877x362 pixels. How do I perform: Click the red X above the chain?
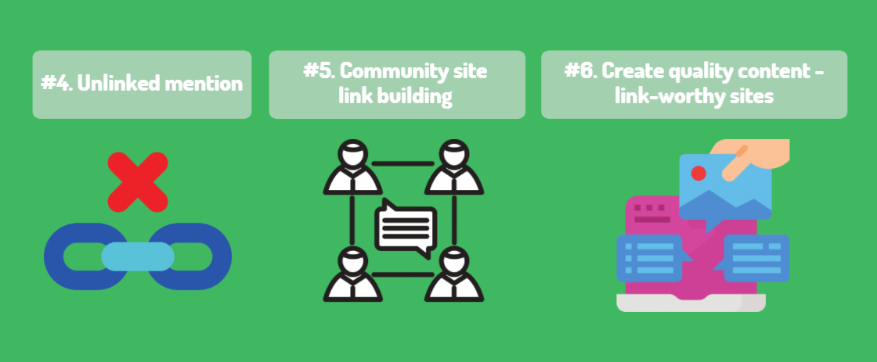click(x=138, y=181)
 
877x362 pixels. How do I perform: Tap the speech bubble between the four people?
click(x=405, y=228)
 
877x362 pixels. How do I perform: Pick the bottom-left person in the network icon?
click(x=352, y=274)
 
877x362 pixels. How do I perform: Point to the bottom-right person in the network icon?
click(x=454, y=274)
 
